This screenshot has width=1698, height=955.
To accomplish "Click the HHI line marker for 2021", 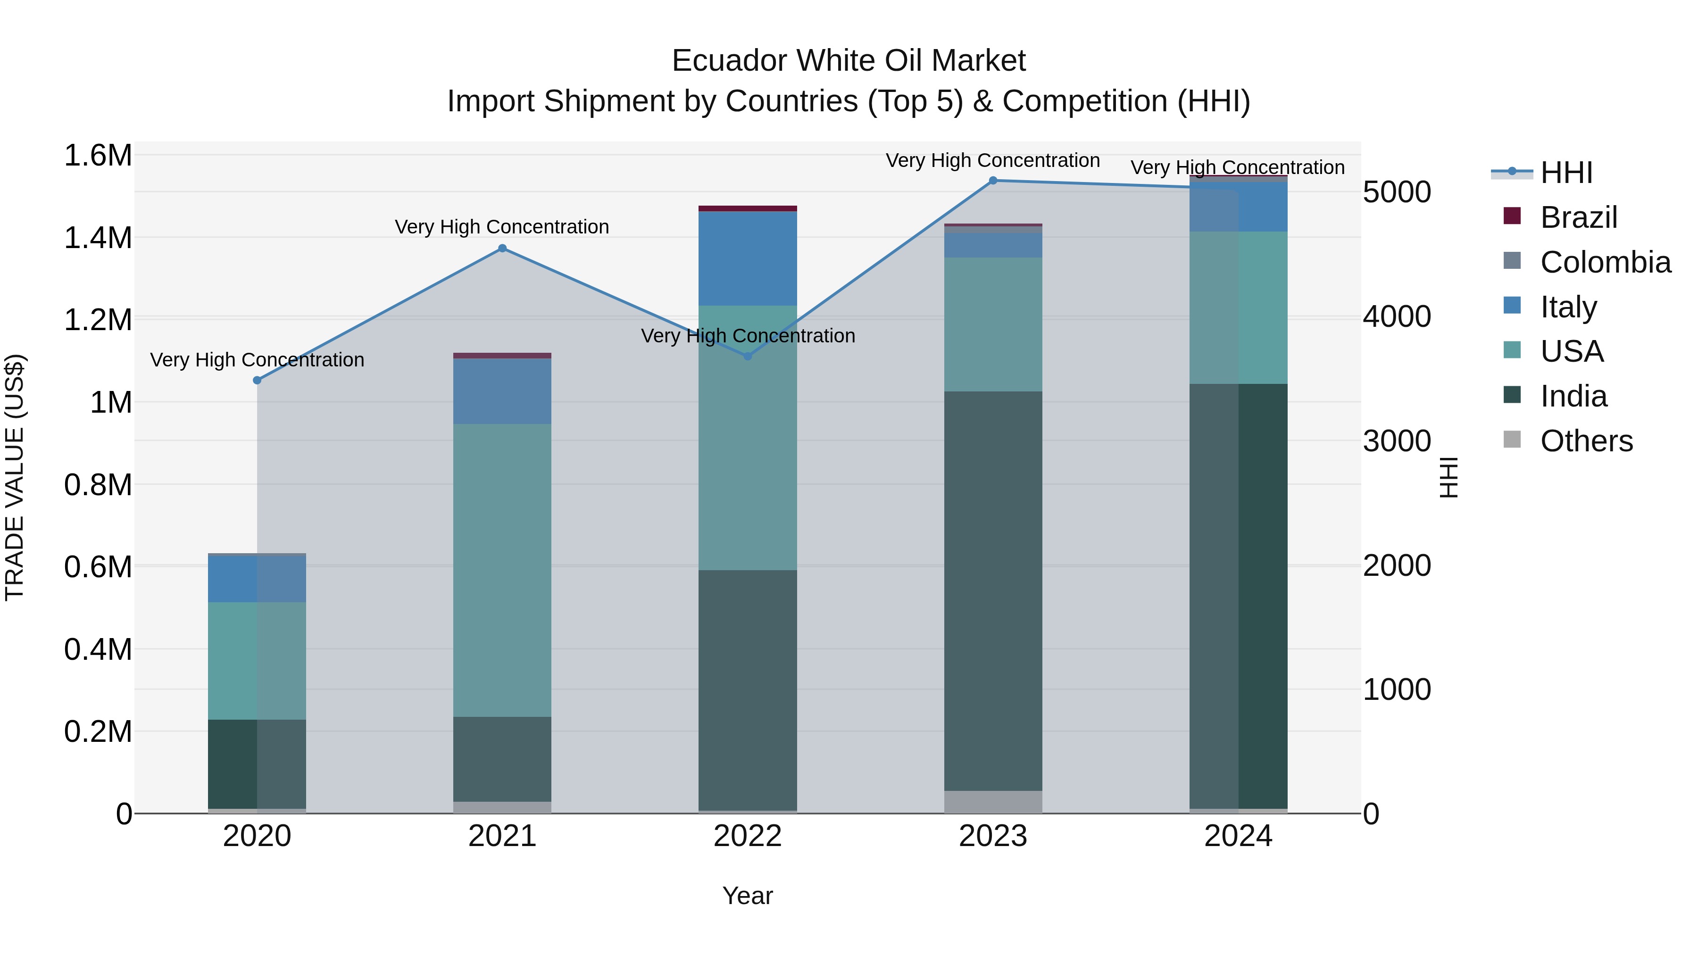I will pos(502,249).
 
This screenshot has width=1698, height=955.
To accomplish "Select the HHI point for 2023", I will pos(993,181).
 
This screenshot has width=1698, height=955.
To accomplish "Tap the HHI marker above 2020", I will pos(257,380).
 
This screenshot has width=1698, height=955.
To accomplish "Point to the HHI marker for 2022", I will pos(748,357).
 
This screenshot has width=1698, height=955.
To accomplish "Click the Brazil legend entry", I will pos(1578,217).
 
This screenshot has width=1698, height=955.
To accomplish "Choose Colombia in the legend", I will pos(1605,262).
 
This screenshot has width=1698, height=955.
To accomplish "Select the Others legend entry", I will pos(1586,441).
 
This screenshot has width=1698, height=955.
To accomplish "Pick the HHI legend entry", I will pos(1565,173).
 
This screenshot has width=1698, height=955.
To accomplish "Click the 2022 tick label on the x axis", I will pos(748,836).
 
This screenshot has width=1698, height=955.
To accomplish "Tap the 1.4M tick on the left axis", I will pos(98,238).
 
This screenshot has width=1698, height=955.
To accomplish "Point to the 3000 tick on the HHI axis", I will pos(1397,441).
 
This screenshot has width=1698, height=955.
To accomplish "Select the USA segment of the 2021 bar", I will pos(502,570).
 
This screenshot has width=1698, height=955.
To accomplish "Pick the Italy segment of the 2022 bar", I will pos(748,258).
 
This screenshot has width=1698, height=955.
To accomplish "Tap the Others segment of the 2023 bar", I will pos(993,801).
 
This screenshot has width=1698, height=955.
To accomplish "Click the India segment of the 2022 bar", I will pos(748,689).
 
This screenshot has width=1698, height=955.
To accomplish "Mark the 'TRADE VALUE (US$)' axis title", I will pos(15,477).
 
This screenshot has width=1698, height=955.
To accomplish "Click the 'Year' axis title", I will pos(748,896).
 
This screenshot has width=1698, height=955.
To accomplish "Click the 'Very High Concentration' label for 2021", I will pos(502,227).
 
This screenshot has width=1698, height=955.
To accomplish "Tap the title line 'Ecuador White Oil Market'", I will pos(849,61).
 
